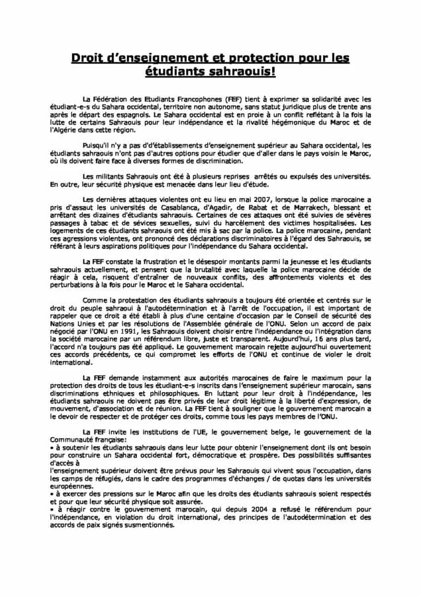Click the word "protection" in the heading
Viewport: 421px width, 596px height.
(x=254, y=58)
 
